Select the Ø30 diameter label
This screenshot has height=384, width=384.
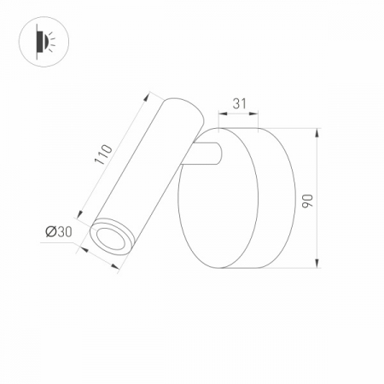coord(58,230)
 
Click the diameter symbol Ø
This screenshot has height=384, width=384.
coord(51,230)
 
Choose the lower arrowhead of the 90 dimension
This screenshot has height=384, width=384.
coord(317,264)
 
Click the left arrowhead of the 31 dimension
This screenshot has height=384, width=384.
coord(223,113)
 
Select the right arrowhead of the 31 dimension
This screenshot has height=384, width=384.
coord(259,113)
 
